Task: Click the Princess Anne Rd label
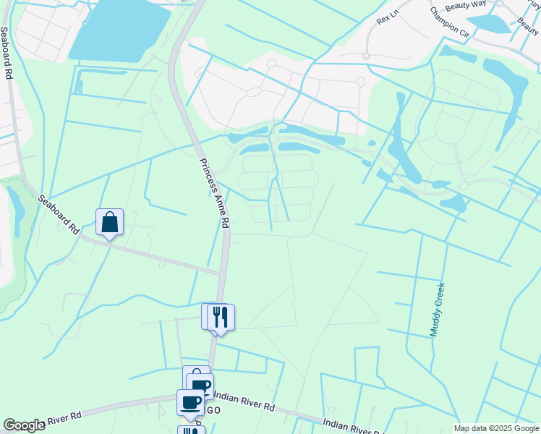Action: [x=215, y=194]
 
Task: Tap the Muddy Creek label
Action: [x=437, y=310]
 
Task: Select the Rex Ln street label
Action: [x=388, y=16]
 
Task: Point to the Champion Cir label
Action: [x=449, y=22]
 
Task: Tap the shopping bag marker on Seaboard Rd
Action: [x=109, y=222]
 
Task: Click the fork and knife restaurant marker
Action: [x=221, y=317]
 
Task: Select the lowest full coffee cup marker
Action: [x=190, y=402]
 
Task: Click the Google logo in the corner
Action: [x=24, y=425]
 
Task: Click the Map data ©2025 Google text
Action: [x=495, y=428]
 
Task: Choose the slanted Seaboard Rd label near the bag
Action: [x=59, y=216]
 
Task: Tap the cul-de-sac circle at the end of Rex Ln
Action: [x=366, y=55]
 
